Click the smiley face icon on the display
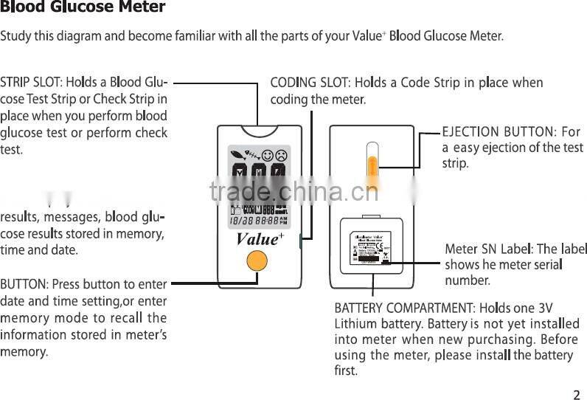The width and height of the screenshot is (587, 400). tap(267, 156)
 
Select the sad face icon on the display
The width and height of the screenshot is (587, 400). tap(280, 156)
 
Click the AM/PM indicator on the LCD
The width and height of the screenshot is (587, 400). tap(283, 220)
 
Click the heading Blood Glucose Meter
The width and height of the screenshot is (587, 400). tap(83, 8)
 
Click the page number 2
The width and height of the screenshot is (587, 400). tap(577, 393)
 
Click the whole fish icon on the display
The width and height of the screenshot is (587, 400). tap(236, 156)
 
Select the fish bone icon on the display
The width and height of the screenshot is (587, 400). tap(251, 156)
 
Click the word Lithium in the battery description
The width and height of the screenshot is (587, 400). tap(356, 323)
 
